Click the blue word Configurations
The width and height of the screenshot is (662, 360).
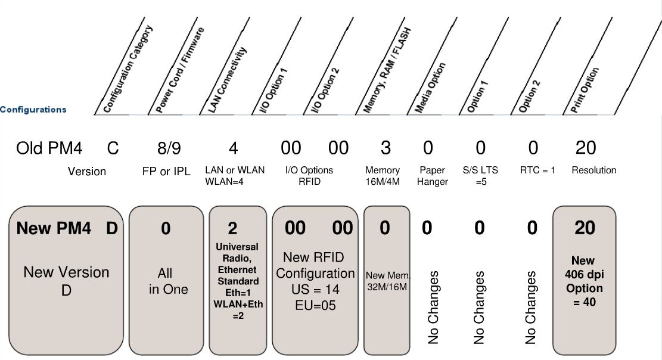click(x=33, y=110)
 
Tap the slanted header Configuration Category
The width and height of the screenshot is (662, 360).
click(x=128, y=69)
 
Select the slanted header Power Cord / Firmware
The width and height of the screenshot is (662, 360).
click(x=180, y=70)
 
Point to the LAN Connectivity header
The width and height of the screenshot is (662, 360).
click(x=227, y=80)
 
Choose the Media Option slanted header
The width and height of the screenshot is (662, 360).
click(x=430, y=88)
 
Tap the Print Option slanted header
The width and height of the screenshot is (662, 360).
click(x=585, y=90)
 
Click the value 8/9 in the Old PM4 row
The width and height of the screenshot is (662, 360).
click(x=169, y=148)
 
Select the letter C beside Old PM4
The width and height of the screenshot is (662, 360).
click(x=113, y=148)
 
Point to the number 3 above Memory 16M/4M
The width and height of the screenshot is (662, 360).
click(x=386, y=148)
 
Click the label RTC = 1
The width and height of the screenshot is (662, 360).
click(x=537, y=170)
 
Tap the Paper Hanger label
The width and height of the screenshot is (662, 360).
click(x=433, y=176)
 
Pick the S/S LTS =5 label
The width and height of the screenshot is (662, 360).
click(x=480, y=176)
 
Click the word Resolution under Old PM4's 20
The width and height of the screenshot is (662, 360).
click(x=593, y=170)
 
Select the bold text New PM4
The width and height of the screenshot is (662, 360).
click(x=54, y=228)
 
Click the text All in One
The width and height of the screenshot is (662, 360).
click(x=168, y=281)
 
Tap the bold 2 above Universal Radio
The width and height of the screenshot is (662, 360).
click(x=232, y=229)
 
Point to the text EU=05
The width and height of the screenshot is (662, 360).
click(x=315, y=305)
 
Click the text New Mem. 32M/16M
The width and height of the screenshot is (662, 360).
click(x=387, y=281)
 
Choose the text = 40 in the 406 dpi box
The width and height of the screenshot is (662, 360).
click(x=585, y=302)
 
